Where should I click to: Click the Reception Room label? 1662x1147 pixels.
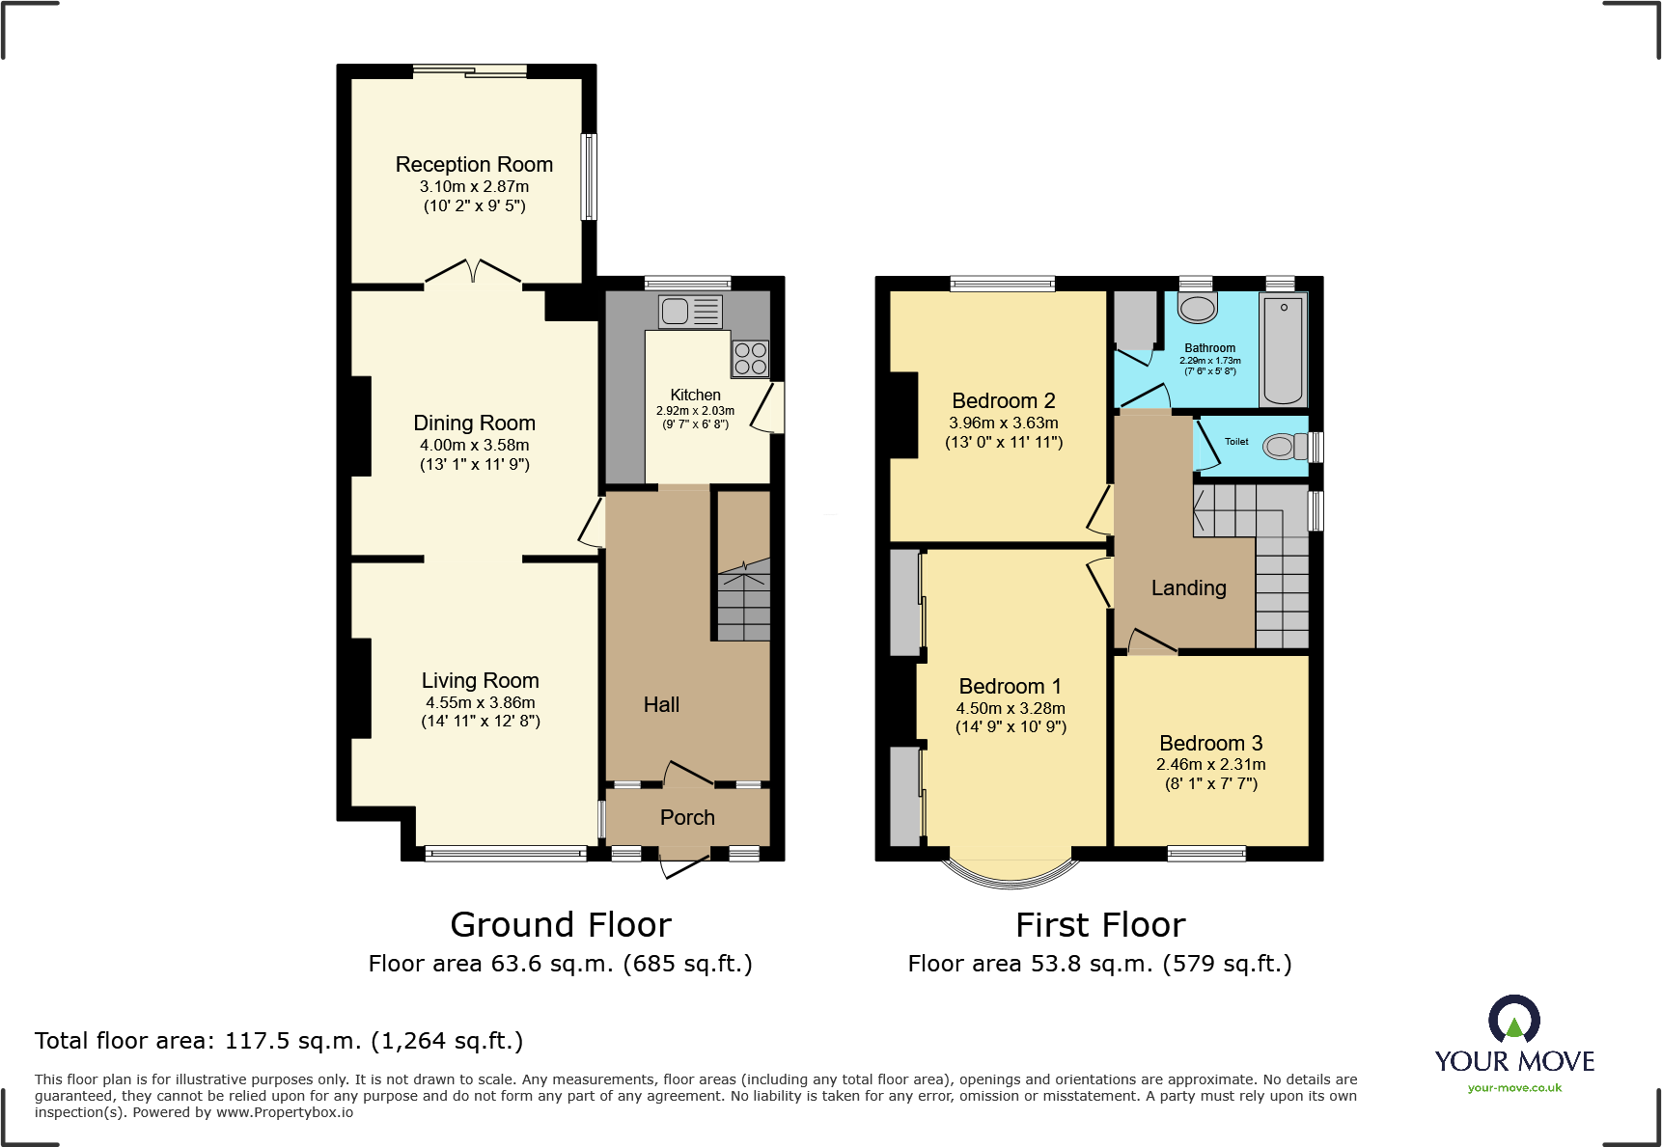pos(474,165)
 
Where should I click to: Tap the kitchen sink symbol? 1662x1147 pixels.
pos(689,311)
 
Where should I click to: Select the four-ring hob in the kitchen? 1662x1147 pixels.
pos(751,358)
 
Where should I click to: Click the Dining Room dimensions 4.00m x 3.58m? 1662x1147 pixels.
pos(474,445)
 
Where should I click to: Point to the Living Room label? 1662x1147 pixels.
pos(480,680)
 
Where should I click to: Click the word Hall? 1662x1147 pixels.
pos(661,705)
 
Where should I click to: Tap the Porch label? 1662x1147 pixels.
pos(687,817)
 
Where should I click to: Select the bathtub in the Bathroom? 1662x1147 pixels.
pos(1283,349)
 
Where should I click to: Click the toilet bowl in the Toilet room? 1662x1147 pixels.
pos(1281,447)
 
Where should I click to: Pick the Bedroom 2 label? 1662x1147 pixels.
pos(1003,400)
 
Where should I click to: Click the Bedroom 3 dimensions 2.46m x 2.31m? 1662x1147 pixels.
pos(1210,764)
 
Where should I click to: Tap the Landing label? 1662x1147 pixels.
pos(1188,587)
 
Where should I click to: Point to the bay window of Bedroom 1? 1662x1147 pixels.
pos(1011,873)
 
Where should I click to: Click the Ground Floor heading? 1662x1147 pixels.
pos(560,925)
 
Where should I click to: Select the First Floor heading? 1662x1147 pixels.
pos(1099,925)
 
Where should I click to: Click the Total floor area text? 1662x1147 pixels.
pos(278,1041)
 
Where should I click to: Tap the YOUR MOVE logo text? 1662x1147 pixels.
pos(1513,1061)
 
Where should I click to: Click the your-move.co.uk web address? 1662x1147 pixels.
pos(1513,1088)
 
